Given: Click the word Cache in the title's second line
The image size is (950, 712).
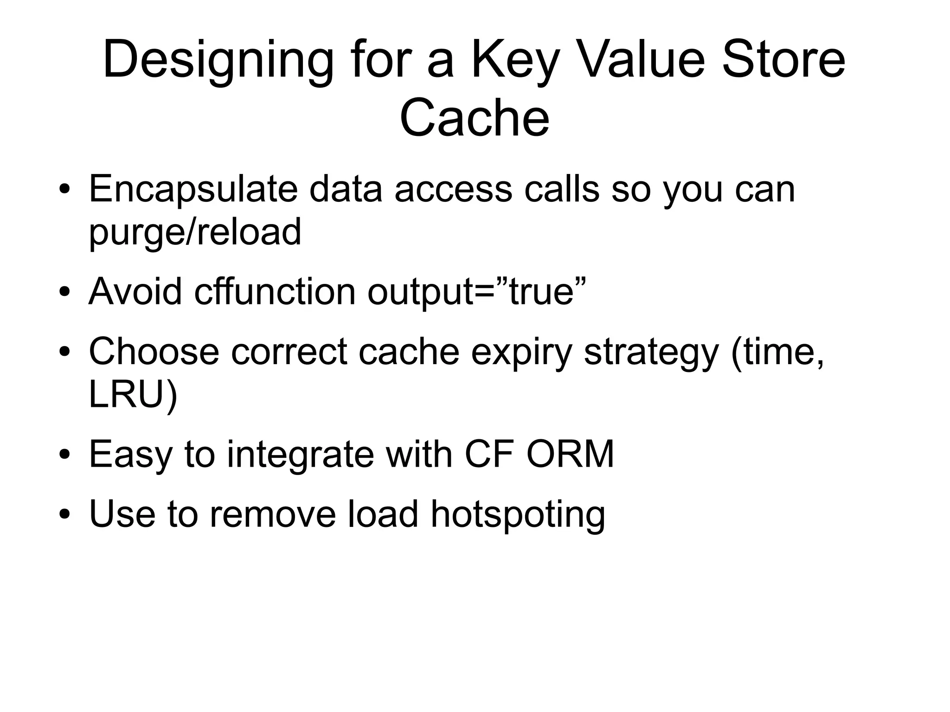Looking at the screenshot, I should (x=474, y=118).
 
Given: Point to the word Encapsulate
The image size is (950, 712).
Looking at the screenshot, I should (x=193, y=190).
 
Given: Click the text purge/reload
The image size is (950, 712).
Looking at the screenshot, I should (x=195, y=232).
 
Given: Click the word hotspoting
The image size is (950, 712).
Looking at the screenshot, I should (x=518, y=515).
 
